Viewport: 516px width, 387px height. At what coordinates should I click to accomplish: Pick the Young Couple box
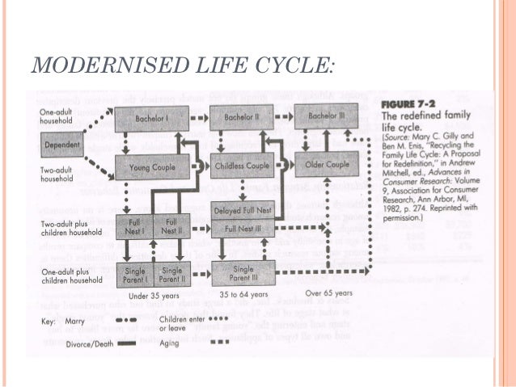pos(156,167)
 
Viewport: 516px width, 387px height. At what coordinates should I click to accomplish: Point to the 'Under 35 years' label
pos(149,296)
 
